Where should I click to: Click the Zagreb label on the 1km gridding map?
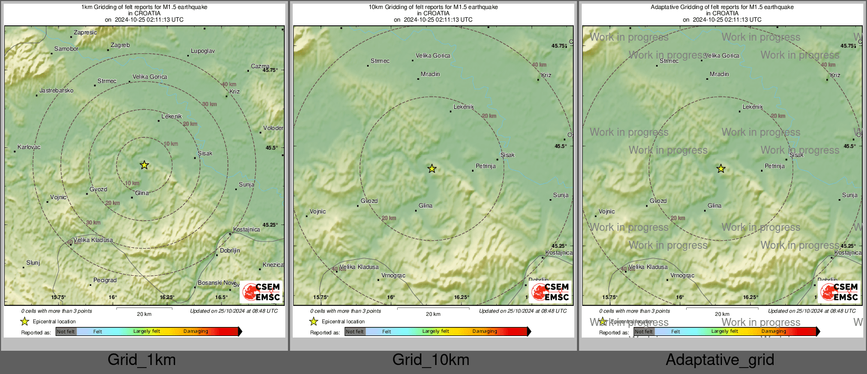click(x=120, y=45)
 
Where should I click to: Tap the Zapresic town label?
click(x=85, y=32)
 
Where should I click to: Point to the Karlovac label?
click(x=29, y=147)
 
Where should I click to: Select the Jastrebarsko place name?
click(x=56, y=91)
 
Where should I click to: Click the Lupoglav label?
click(x=203, y=51)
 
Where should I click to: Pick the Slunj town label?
click(x=33, y=263)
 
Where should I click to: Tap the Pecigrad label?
click(x=105, y=280)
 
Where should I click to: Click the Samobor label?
click(x=66, y=49)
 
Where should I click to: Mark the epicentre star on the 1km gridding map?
click(x=144, y=165)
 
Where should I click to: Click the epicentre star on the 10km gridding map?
click(x=432, y=169)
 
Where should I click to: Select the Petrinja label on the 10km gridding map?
click(x=486, y=166)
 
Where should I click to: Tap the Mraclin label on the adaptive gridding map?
click(x=719, y=74)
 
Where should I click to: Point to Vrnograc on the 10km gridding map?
click(x=393, y=276)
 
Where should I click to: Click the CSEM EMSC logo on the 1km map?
click(x=262, y=292)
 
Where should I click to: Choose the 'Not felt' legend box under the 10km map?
click(x=355, y=332)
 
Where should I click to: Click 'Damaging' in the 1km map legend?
click(x=196, y=332)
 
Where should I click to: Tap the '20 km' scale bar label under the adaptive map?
click(x=722, y=314)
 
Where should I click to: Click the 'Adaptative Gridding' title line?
click(x=722, y=7)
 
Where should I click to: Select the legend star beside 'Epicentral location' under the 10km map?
click(x=314, y=321)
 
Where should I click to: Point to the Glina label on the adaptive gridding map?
click(x=715, y=206)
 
